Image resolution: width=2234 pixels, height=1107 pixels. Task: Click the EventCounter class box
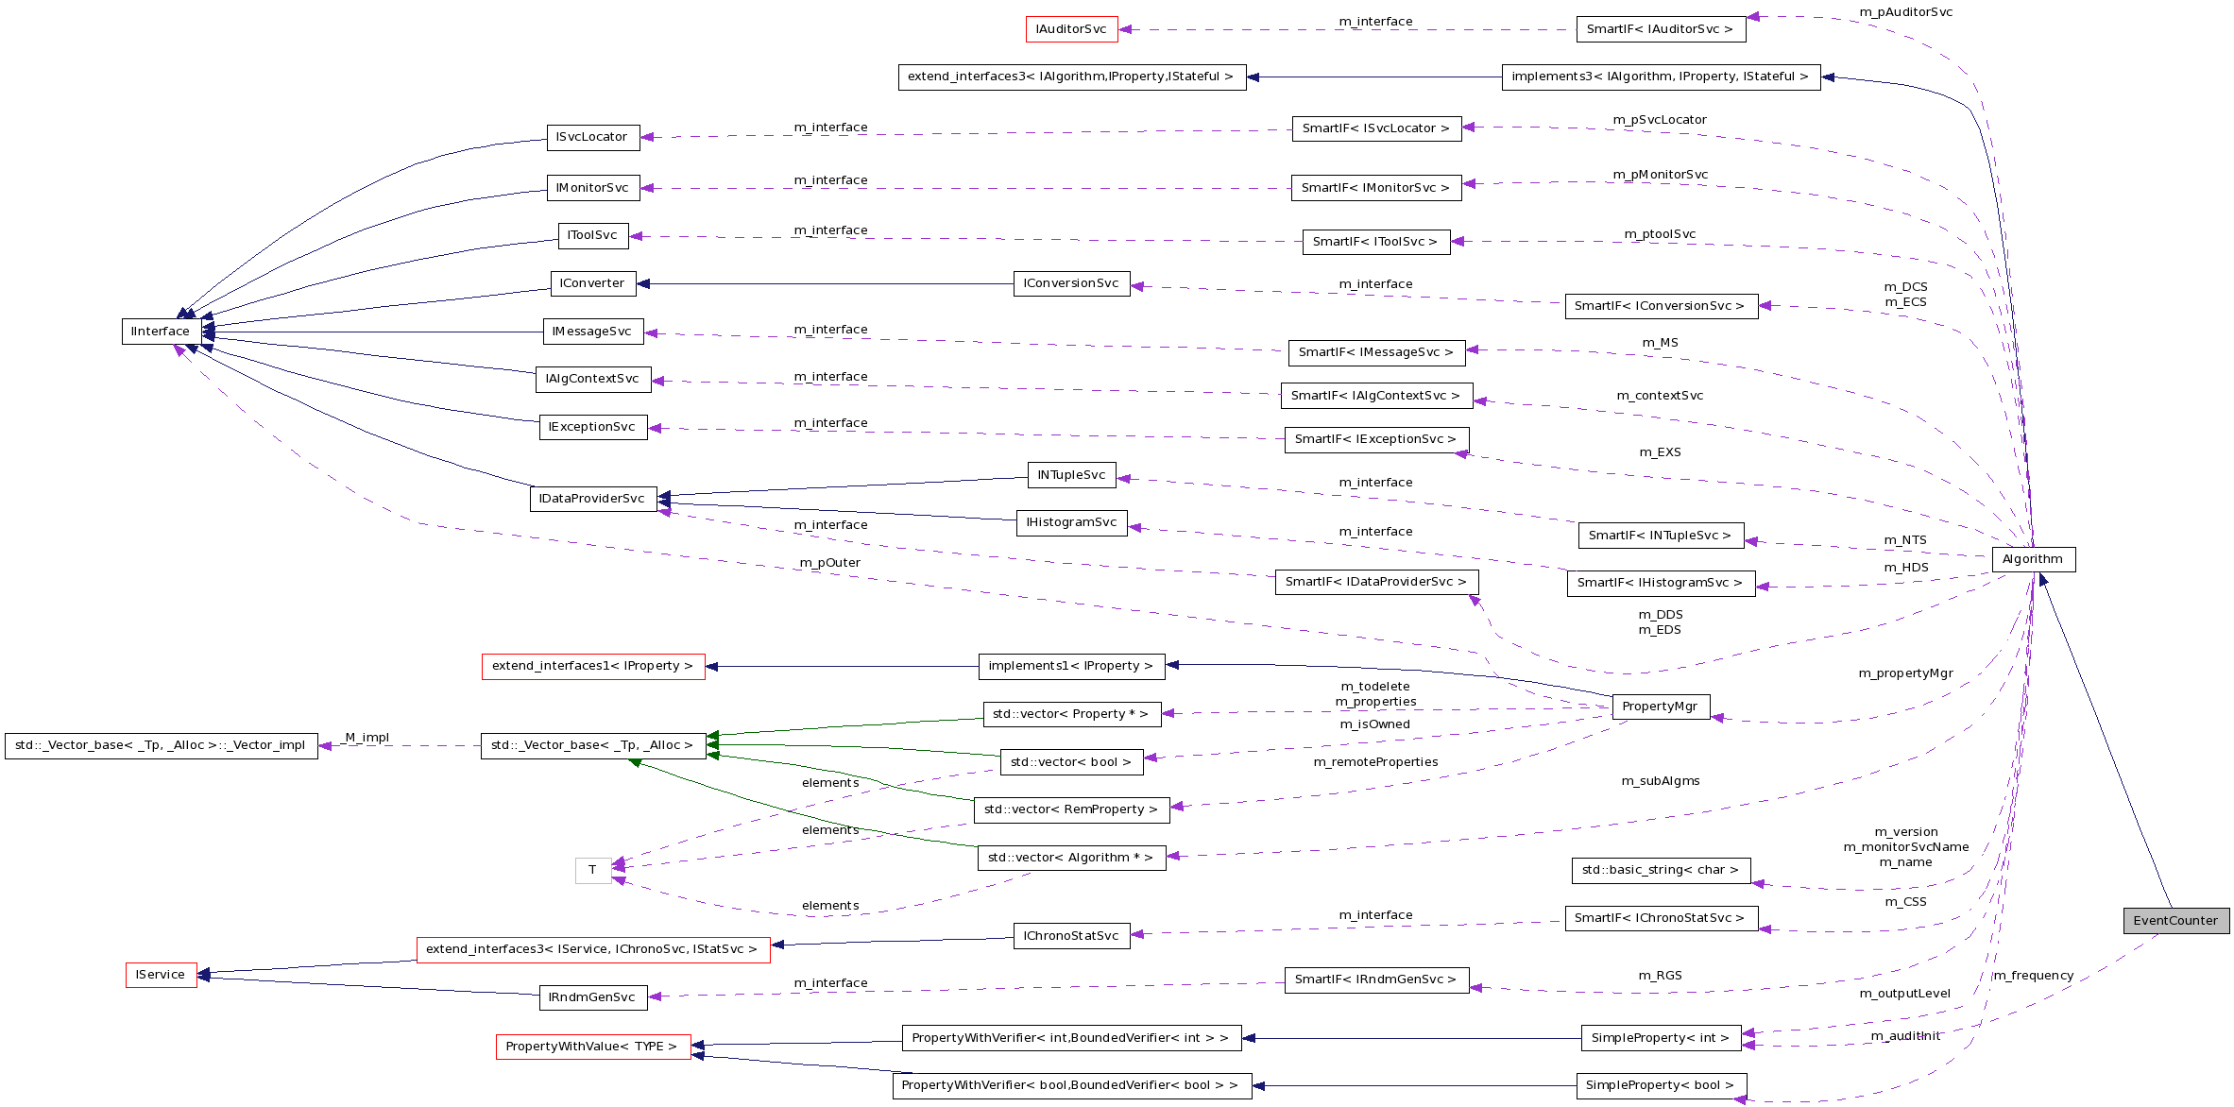pyautogui.click(x=2175, y=921)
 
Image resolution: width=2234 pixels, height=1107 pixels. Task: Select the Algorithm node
pyautogui.click(x=2033, y=559)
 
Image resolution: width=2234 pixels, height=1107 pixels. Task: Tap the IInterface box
pyautogui.click(x=161, y=332)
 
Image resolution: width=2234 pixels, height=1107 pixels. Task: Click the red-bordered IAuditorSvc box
pyautogui.click(x=1071, y=29)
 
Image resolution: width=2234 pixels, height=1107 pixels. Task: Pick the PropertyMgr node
pyautogui.click(x=1660, y=707)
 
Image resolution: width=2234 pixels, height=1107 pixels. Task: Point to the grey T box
pyautogui.click(x=592, y=870)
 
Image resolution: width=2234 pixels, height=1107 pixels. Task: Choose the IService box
pyautogui.click(x=161, y=975)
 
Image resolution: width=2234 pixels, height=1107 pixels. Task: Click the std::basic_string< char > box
pyautogui.click(x=1660, y=870)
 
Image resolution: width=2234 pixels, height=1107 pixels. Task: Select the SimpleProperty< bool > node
pyautogui.click(x=1660, y=1085)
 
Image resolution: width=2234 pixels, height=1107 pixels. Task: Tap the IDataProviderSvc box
pyautogui.click(x=592, y=499)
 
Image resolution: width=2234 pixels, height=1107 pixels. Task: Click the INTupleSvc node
pyautogui.click(x=1071, y=475)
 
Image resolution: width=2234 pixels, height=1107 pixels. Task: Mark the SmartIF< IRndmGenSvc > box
pyautogui.click(x=1375, y=979)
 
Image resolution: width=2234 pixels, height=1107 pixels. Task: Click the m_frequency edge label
pyautogui.click(x=2034, y=976)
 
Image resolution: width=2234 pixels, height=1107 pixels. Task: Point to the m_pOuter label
pyautogui.click(x=830, y=563)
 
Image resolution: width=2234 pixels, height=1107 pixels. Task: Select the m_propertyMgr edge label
pyautogui.click(x=1905, y=673)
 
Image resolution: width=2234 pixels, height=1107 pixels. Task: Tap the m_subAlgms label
pyautogui.click(x=1660, y=781)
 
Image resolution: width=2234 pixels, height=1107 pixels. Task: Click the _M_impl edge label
pyautogui.click(x=366, y=738)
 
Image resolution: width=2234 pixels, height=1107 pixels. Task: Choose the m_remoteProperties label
pyautogui.click(x=1375, y=762)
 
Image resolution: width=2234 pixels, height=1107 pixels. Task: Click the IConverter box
pyautogui.click(x=592, y=283)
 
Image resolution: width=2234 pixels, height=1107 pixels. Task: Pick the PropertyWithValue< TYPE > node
pyautogui.click(x=592, y=1047)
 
